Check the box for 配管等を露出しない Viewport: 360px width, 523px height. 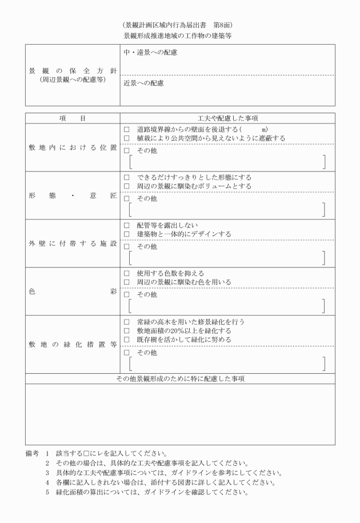point(126,226)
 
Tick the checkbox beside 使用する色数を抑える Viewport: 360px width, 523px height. point(126,274)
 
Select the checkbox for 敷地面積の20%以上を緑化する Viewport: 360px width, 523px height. point(126,331)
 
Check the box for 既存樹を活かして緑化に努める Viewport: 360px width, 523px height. point(126,340)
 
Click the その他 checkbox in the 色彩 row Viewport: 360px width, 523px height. point(126,295)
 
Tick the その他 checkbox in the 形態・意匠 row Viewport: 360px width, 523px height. point(126,199)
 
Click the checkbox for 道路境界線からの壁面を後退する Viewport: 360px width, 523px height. point(126,130)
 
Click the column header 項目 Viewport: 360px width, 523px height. point(72,118)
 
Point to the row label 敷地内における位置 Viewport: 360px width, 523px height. point(72,147)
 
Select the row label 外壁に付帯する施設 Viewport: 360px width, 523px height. point(72,243)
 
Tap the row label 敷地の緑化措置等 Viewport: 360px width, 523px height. point(72,345)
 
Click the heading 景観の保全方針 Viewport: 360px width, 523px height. point(72,71)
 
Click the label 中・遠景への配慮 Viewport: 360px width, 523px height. point(150,53)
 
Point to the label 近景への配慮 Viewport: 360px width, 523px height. point(143,83)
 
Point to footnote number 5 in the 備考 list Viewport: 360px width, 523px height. point(48,492)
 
